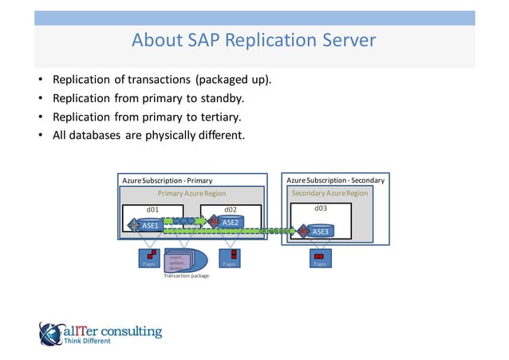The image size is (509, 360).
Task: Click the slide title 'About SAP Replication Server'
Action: coord(254,40)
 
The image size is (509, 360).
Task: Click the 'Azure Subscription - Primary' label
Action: coord(167,181)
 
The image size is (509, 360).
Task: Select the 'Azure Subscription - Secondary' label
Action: coord(335,180)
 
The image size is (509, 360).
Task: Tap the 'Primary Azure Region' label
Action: coord(191,193)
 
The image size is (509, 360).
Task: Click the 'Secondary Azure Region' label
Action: coord(329,193)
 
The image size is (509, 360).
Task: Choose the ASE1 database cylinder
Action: coord(148,226)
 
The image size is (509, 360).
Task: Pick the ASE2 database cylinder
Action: coord(228,222)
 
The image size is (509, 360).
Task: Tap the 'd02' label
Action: coord(231,210)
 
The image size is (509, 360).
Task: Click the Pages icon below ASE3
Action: coord(319,259)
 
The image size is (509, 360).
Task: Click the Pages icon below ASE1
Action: coord(148,259)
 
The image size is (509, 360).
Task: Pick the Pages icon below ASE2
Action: coord(229,259)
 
